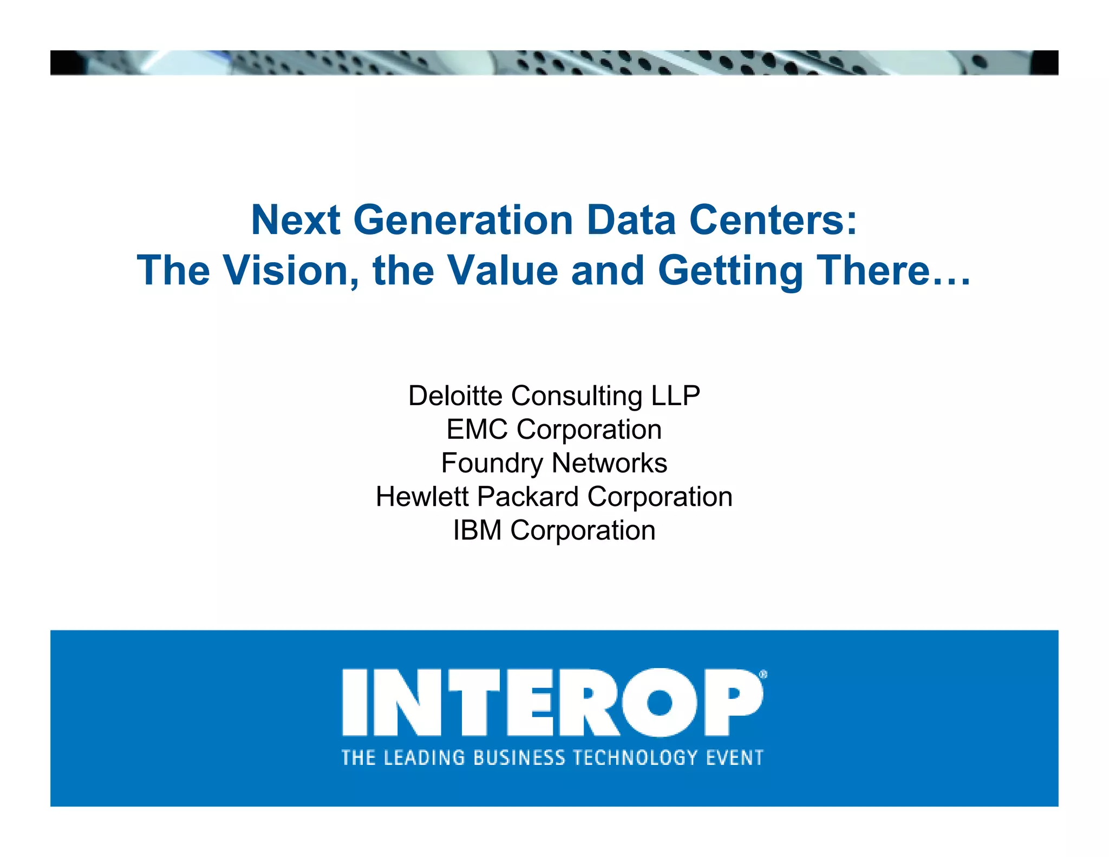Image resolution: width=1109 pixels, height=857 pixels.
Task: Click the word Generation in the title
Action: pyautogui.click(x=463, y=220)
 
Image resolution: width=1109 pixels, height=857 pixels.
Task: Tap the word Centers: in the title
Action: pyautogui.click(x=773, y=220)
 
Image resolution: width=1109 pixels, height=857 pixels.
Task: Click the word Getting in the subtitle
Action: pyautogui.click(x=730, y=271)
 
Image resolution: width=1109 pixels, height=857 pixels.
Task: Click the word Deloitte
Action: pyautogui.click(x=455, y=395)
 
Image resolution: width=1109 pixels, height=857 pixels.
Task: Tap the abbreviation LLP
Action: pyautogui.click(x=675, y=395)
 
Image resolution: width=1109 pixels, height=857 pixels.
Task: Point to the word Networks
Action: pyautogui.click(x=609, y=463)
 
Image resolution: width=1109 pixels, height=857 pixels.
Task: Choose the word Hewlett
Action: pyautogui.click(x=422, y=497)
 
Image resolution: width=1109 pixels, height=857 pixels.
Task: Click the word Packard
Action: pyautogui.click(x=529, y=497)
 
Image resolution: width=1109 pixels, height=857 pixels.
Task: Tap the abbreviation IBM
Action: pyautogui.click(x=477, y=530)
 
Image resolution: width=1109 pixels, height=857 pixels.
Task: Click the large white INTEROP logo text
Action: pyautogui.click(x=552, y=702)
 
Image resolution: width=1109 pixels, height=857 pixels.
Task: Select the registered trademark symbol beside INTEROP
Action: pyautogui.click(x=763, y=674)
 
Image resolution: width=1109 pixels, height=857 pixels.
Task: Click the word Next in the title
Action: pyautogui.click(x=296, y=220)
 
